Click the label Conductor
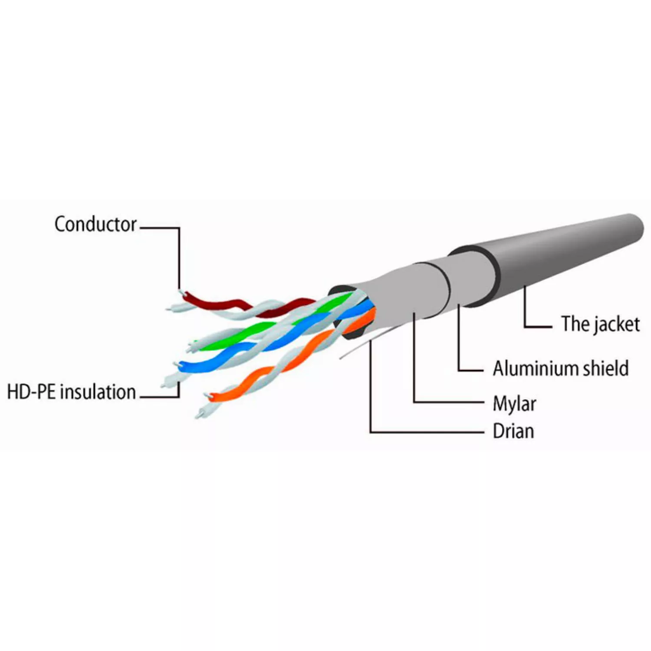(x=95, y=224)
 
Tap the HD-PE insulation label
(x=72, y=392)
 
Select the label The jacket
(x=600, y=324)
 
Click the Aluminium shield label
(x=560, y=368)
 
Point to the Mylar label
(x=514, y=404)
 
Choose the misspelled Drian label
(x=513, y=431)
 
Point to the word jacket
(x=616, y=324)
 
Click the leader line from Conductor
(x=179, y=256)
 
